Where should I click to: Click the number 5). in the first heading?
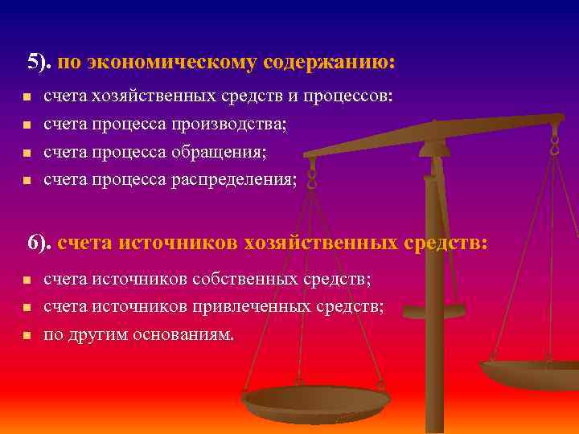[x=40, y=62]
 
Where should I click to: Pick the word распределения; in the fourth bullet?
[x=233, y=179]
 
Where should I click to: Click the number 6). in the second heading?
[x=40, y=242]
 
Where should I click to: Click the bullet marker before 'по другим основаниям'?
[x=26, y=335]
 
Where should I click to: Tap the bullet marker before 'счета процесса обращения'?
[x=26, y=153]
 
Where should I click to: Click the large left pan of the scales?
[x=315, y=399]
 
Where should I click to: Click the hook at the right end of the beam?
[x=554, y=145]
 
